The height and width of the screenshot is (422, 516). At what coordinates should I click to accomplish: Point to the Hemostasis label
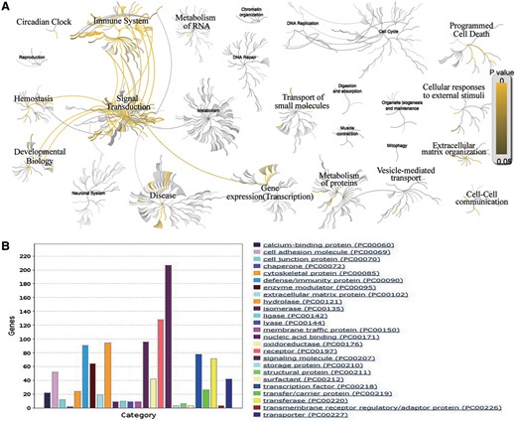(x=35, y=99)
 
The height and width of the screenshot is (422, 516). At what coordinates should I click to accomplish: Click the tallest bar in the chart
(x=168, y=322)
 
